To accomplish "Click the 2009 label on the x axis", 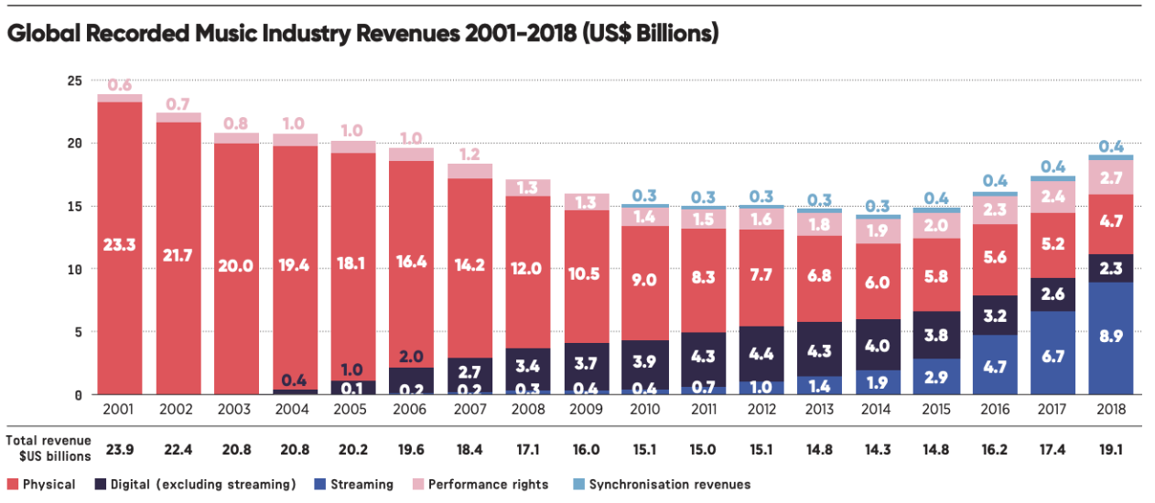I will [586, 410].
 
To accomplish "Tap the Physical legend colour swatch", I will [12, 484].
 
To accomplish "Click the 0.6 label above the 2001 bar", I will [119, 85].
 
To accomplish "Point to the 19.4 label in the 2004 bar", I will [294, 265].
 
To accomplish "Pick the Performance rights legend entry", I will [485, 484].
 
